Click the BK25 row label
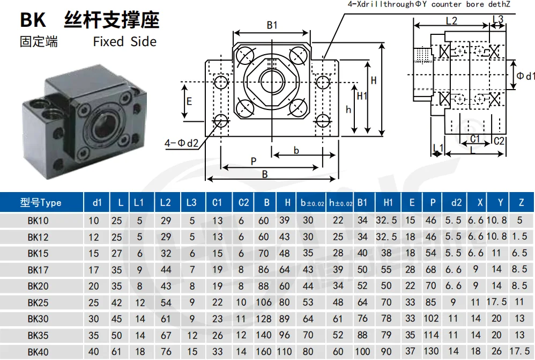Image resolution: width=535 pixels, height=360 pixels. (x=38, y=303)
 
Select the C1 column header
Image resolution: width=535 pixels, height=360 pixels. (x=217, y=203)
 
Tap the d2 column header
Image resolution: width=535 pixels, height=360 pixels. (x=456, y=203)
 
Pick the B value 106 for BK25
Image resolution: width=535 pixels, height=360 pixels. (x=264, y=302)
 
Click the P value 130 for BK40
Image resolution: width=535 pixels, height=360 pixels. (x=431, y=351)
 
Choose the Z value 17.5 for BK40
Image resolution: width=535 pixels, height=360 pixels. (x=519, y=351)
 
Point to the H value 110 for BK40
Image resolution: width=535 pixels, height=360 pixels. (x=284, y=351)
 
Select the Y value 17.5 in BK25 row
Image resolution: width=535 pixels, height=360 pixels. (x=496, y=302)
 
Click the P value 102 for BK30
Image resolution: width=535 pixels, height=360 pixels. (x=431, y=318)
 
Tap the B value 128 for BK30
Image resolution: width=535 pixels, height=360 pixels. (x=264, y=319)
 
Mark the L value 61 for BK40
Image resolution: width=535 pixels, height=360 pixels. (x=116, y=351)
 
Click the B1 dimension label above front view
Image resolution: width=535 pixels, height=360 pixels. (x=272, y=25)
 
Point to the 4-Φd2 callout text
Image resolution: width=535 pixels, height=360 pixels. (x=182, y=143)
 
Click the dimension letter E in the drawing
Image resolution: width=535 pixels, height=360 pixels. (x=189, y=101)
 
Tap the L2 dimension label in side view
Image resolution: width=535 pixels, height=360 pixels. (x=451, y=21)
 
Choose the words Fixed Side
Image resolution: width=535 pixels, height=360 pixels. (x=124, y=42)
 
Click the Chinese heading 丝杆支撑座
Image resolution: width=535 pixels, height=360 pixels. (x=112, y=20)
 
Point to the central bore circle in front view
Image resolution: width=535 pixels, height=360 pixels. (x=272, y=82)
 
